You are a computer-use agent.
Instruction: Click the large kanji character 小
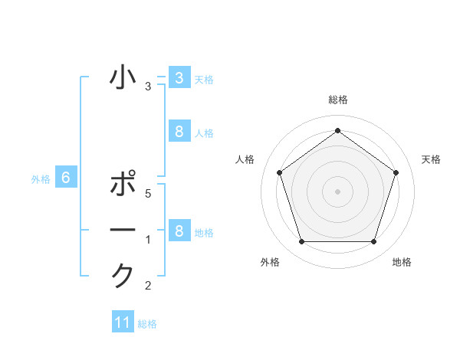point(123,78)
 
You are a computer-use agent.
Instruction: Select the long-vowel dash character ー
point(123,231)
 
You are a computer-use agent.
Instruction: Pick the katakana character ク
point(123,275)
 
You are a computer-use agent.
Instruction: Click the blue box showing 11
point(123,322)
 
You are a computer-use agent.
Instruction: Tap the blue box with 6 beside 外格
point(66,178)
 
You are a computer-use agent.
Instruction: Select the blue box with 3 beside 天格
point(179,78)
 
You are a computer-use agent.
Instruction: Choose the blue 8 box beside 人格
point(179,132)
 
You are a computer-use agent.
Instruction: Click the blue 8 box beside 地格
point(179,231)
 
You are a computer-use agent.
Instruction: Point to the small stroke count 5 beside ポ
point(148,194)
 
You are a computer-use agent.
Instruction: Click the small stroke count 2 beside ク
point(148,286)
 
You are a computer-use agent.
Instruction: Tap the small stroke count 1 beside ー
point(148,241)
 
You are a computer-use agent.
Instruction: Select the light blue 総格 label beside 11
point(147,324)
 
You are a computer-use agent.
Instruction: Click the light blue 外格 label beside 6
point(41,179)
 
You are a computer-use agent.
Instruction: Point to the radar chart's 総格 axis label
point(337,100)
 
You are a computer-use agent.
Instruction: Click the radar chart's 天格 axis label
point(431,159)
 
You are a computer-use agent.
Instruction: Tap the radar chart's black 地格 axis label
point(402,262)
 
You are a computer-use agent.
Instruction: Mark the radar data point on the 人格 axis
point(279,172)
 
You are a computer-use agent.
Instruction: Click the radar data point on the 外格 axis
point(301,242)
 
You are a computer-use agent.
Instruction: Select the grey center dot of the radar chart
point(337,191)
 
